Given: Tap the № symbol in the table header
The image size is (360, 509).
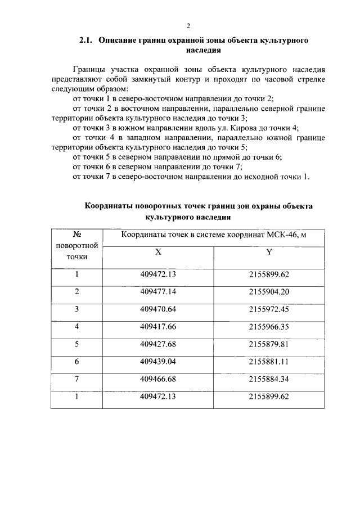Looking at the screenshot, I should pyautogui.click(x=77, y=234).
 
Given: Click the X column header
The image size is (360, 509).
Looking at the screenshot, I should pyautogui.click(x=159, y=253).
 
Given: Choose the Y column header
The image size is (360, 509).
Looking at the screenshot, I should pyautogui.click(x=269, y=253).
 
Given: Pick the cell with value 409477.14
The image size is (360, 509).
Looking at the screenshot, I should pyautogui.click(x=159, y=291).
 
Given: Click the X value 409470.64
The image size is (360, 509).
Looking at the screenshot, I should pyautogui.click(x=159, y=309).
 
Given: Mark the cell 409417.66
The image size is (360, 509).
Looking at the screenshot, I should pyautogui.click(x=159, y=326).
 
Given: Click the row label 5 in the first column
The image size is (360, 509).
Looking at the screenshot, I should pyautogui.click(x=77, y=344).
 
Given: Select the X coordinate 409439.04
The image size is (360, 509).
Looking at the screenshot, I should pyautogui.click(x=159, y=362).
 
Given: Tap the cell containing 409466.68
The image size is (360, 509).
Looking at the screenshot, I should pyautogui.click(x=159, y=379).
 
